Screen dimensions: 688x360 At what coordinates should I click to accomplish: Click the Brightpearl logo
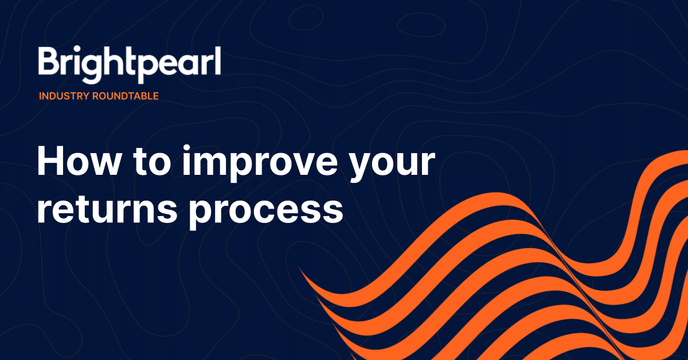tap(130, 65)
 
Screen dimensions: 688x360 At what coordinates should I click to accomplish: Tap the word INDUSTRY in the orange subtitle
tap(64, 96)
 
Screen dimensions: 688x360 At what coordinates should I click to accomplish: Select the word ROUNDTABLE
tap(126, 96)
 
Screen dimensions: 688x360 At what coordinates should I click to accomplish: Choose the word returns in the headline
tap(107, 209)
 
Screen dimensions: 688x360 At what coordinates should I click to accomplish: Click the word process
tap(266, 212)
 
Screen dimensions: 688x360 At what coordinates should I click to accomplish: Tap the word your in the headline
tap(393, 166)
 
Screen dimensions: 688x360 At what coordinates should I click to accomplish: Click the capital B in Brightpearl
tap(49, 60)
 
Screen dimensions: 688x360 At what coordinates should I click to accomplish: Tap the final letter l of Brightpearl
tap(218, 60)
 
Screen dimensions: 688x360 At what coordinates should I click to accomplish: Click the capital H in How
tap(50, 161)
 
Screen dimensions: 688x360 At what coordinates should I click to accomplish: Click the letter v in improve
tap(294, 163)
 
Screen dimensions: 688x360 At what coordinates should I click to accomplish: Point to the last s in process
tap(332, 211)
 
